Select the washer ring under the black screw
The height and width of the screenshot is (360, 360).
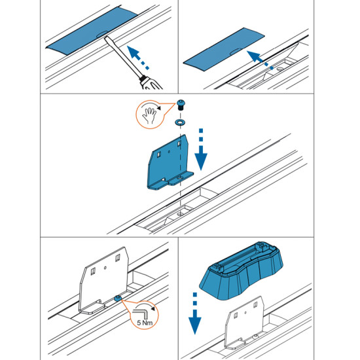[179, 121]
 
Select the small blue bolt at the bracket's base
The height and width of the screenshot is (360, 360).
[116, 298]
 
